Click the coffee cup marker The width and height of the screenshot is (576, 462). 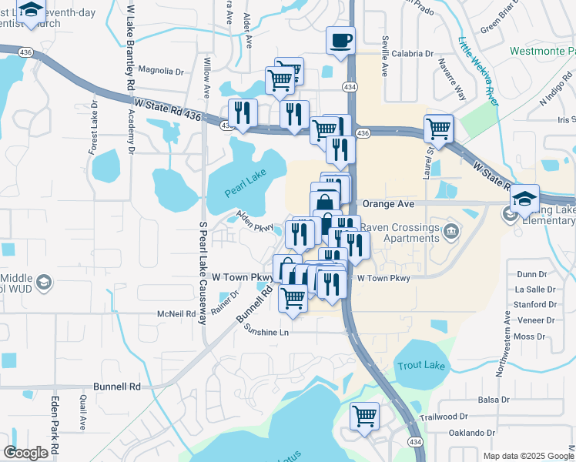[x=340, y=41]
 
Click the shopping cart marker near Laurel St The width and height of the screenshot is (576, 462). [x=438, y=129]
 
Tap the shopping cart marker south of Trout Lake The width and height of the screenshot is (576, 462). [x=364, y=417]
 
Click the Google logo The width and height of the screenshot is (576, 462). [x=25, y=452]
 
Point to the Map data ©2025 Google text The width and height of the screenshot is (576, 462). [x=527, y=457]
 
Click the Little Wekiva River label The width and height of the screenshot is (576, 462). [x=476, y=65]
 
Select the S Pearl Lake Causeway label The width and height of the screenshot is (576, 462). [x=203, y=273]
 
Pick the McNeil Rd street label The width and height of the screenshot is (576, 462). [x=176, y=313]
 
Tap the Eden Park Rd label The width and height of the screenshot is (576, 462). [x=55, y=425]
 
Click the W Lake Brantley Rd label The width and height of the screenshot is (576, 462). [x=130, y=46]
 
